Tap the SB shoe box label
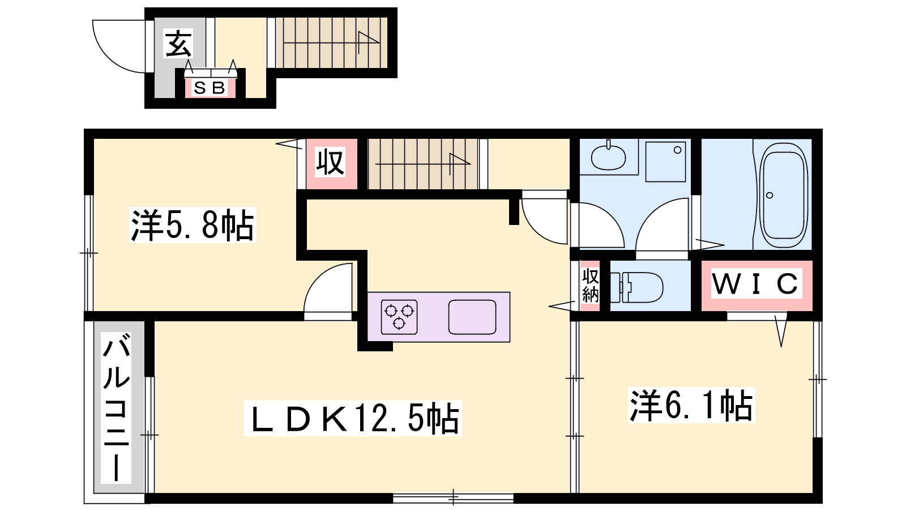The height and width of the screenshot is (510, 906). pos(210,88)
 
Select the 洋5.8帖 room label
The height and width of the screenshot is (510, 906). pos(193,225)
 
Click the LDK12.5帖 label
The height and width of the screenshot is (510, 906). pos(352,418)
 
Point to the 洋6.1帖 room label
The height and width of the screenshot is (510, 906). pos(691,405)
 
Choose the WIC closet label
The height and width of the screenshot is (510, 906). pos(757,284)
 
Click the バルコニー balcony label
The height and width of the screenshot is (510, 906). pos(117,408)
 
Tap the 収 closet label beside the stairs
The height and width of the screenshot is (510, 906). pos(331,162)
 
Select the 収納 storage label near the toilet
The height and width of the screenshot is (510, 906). pos(590,286)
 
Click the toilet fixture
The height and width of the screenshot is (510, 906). pos(636,287)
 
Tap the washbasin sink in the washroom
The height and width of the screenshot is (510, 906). pos(608,157)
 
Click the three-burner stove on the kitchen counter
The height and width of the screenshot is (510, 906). pos(399,317)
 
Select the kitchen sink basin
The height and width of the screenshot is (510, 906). pos(472,317)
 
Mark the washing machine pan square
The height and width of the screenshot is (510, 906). pos(666,161)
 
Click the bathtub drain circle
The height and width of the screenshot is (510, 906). pos(770,195)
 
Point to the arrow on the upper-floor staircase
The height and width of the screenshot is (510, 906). pos(423,164)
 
